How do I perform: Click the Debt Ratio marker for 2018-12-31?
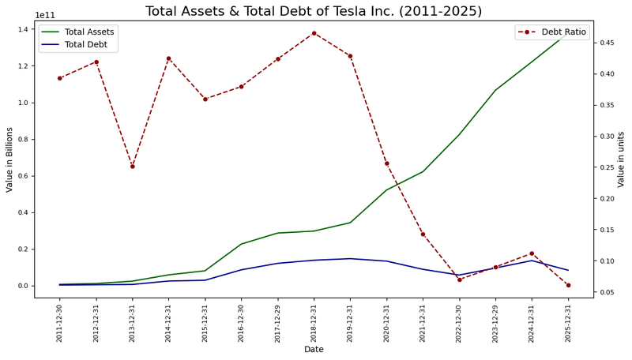pyautogui.click(x=314, y=33)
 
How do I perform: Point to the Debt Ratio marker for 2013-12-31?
pyautogui.click(x=133, y=167)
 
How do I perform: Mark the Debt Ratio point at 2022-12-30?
pyautogui.click(x=459, y=279)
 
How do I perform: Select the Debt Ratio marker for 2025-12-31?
pyautogui.click(x=568, y=285)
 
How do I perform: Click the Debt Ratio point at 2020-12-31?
pyautogui.click(x=386, y=163)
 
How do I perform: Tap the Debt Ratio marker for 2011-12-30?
pyautogui.click(x=60, y=78)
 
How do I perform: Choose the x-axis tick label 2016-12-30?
pyautogui.click(x=241, y=324)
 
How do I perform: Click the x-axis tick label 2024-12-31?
pyautogui.click(x=532, y=324)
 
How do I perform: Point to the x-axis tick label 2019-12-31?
pyautogui.click(x=350, y=324)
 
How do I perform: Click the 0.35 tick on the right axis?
pyautogui.click(x=604, y=105)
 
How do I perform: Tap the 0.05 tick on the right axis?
pyautogui.click(x=604, y=292)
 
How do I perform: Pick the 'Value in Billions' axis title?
pyautogui.click(x=9, y=159)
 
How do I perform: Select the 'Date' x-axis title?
pyautogui.click(x=314, y=349)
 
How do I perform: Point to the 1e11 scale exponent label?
pyautogui.click(x=46, y=15)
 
